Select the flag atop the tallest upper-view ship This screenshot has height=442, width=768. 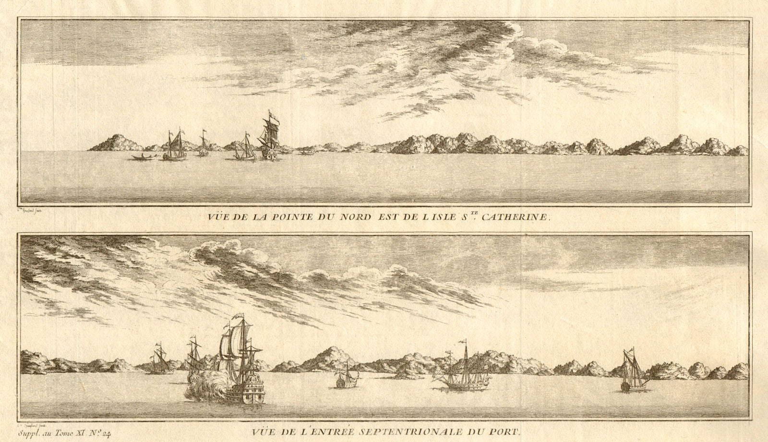[272, 115]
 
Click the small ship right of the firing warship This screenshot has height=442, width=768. [344, 379]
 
